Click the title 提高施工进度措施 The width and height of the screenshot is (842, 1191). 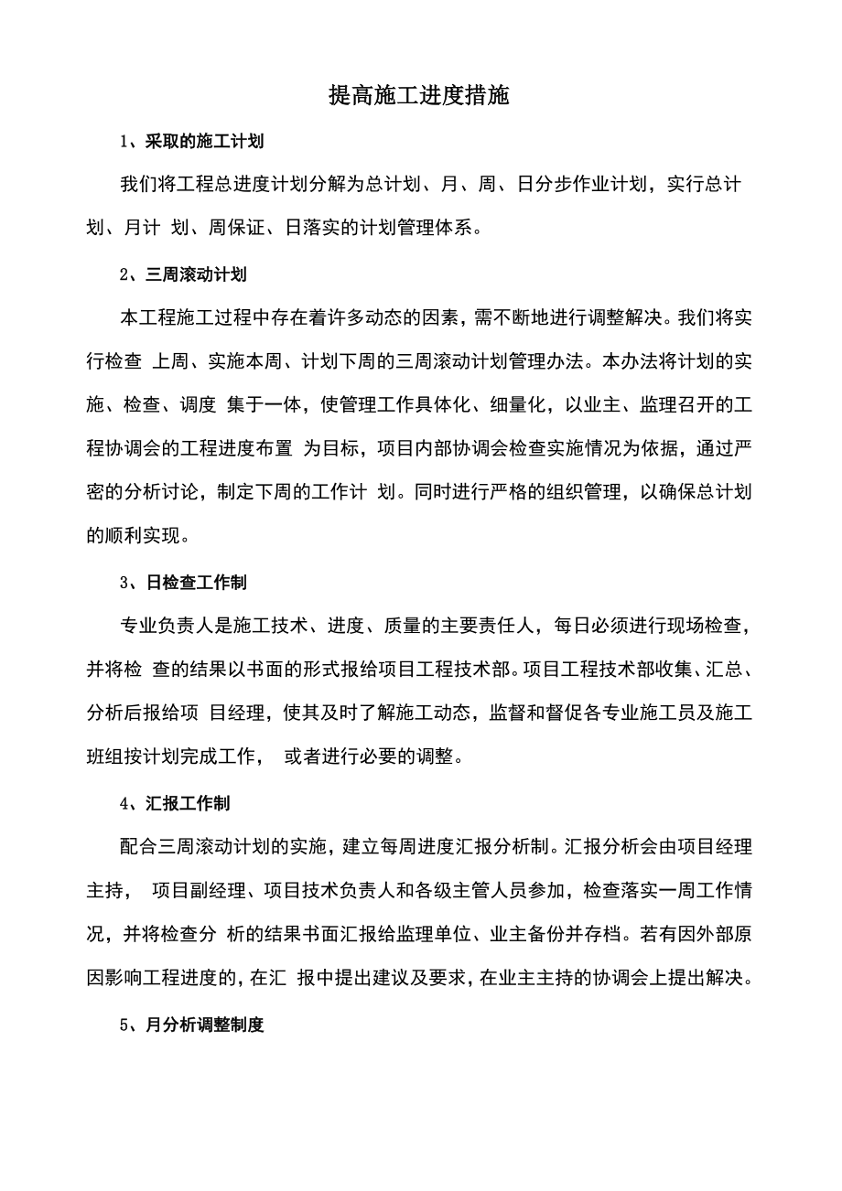coord(420,96)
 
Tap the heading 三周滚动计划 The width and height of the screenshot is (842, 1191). coord(195,274)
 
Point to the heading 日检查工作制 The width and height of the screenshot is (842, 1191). coord(195,582)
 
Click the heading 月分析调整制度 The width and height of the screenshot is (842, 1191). coord(204,1025)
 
